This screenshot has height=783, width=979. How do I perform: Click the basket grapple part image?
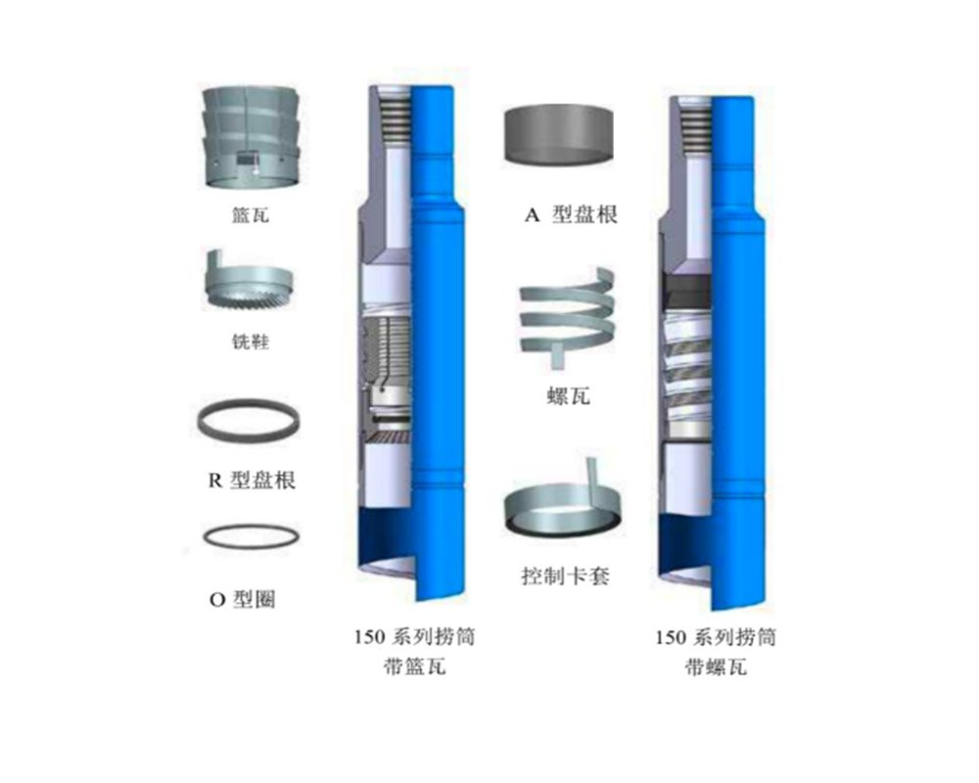[251, 137]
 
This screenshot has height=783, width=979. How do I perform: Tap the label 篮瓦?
[251, 215]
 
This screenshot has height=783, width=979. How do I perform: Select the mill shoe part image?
[249, 282]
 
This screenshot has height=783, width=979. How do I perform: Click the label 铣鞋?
[251, 342]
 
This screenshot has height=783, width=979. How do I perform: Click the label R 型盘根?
[251, 481]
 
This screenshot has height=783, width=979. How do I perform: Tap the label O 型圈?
[242, 599]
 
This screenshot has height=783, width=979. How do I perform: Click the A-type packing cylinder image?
[558, 135]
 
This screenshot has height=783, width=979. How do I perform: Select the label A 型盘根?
[571, 214]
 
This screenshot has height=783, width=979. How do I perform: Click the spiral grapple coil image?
[567, 316]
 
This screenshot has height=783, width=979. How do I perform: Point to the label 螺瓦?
[568, 395]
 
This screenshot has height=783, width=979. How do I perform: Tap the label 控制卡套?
[565, 576]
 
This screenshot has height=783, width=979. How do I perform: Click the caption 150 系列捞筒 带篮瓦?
[415, 651]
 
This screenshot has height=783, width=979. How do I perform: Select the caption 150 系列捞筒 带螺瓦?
[716, 653]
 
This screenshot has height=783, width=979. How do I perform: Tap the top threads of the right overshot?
[695, 129]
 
